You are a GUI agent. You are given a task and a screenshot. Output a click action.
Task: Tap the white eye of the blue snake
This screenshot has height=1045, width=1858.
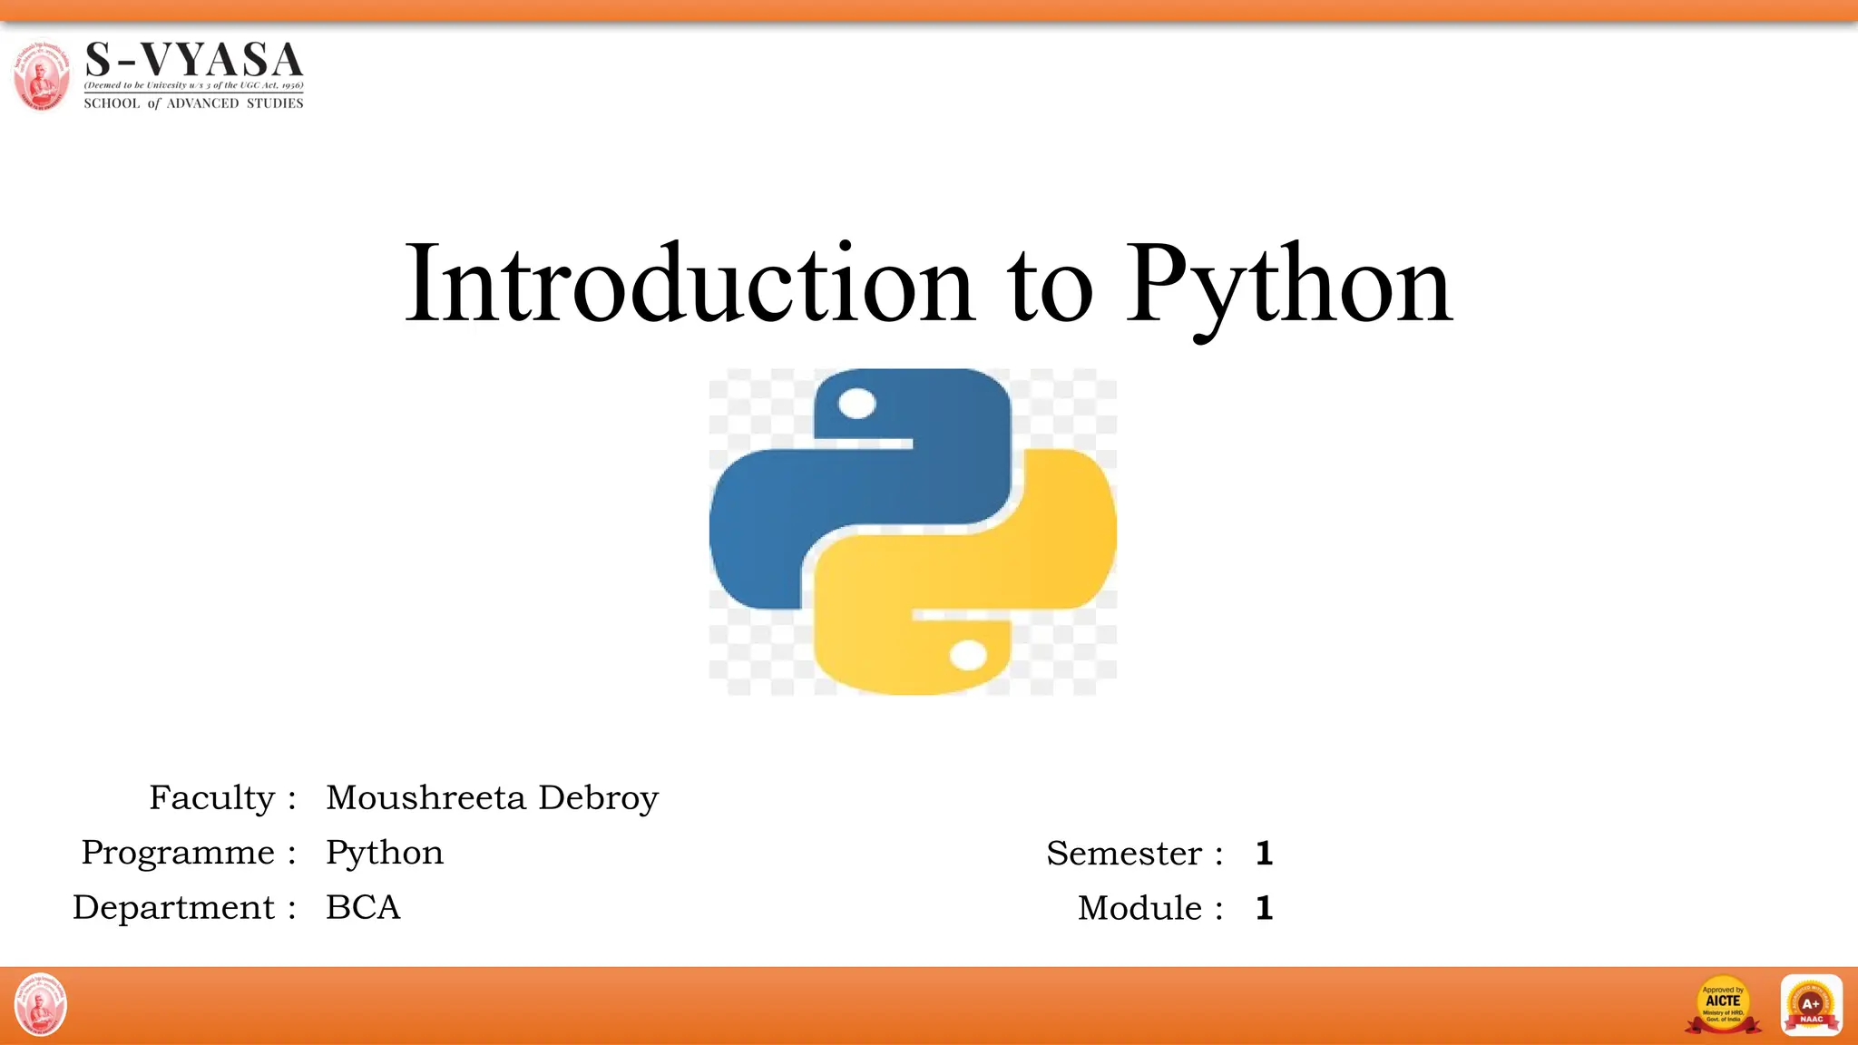[857, 404]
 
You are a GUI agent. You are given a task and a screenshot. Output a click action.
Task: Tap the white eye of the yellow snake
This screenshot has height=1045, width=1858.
[968, 655]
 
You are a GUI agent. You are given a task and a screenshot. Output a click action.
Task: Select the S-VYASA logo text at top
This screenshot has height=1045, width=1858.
[193, 61]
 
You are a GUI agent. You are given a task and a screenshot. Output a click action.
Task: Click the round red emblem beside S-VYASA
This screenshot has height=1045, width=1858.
[41, 75]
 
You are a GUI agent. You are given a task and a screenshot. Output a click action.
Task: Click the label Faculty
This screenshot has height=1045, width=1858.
[211, 798]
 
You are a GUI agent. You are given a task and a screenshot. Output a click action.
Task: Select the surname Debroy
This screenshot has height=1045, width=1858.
[598, 798]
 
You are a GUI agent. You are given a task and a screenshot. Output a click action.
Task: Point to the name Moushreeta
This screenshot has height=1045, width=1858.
[425, 798]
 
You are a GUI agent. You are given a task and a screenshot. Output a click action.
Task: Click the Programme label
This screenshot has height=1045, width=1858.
[178, 853]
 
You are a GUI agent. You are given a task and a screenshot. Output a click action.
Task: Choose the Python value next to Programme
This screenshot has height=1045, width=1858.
[385, 854]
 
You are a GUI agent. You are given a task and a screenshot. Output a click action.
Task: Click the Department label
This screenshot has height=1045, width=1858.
[173, 907]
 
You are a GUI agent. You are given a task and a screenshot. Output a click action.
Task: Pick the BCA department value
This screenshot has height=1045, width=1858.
[363, 907]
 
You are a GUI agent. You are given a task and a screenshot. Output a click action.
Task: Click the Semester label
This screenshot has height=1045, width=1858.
[1123, 854]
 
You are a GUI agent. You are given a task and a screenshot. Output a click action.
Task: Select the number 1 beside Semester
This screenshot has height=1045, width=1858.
[1265, 854]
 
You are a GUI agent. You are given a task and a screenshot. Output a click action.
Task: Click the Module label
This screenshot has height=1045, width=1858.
[1139, 908]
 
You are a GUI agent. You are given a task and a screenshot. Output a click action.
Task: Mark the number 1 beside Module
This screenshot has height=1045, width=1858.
[1265, 908]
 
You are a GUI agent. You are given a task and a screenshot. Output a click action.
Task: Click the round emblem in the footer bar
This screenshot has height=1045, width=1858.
[41, 1004]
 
